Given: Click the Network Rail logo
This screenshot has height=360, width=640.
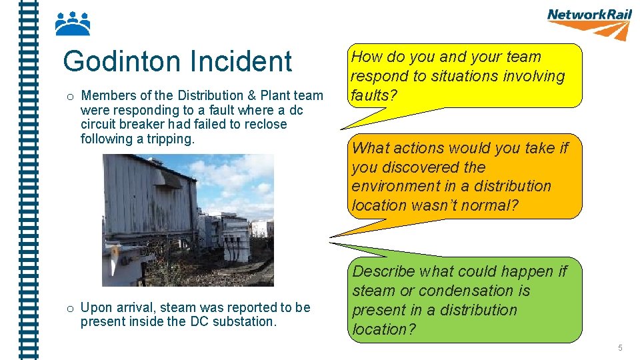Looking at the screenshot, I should tap(589, 23).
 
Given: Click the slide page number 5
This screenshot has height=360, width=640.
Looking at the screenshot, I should tap(620, 348).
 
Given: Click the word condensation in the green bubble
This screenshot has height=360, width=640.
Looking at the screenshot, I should tap(465, 291).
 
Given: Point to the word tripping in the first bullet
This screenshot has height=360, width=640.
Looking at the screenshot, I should tap(169, 139).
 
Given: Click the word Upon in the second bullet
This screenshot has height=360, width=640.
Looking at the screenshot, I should tap(95, 307).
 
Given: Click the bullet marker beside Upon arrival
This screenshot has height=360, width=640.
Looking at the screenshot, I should tap(69, 308).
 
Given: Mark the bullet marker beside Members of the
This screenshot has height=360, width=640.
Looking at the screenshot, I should tap(69, 97).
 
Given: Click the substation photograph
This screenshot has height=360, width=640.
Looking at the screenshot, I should tap(187, 220).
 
